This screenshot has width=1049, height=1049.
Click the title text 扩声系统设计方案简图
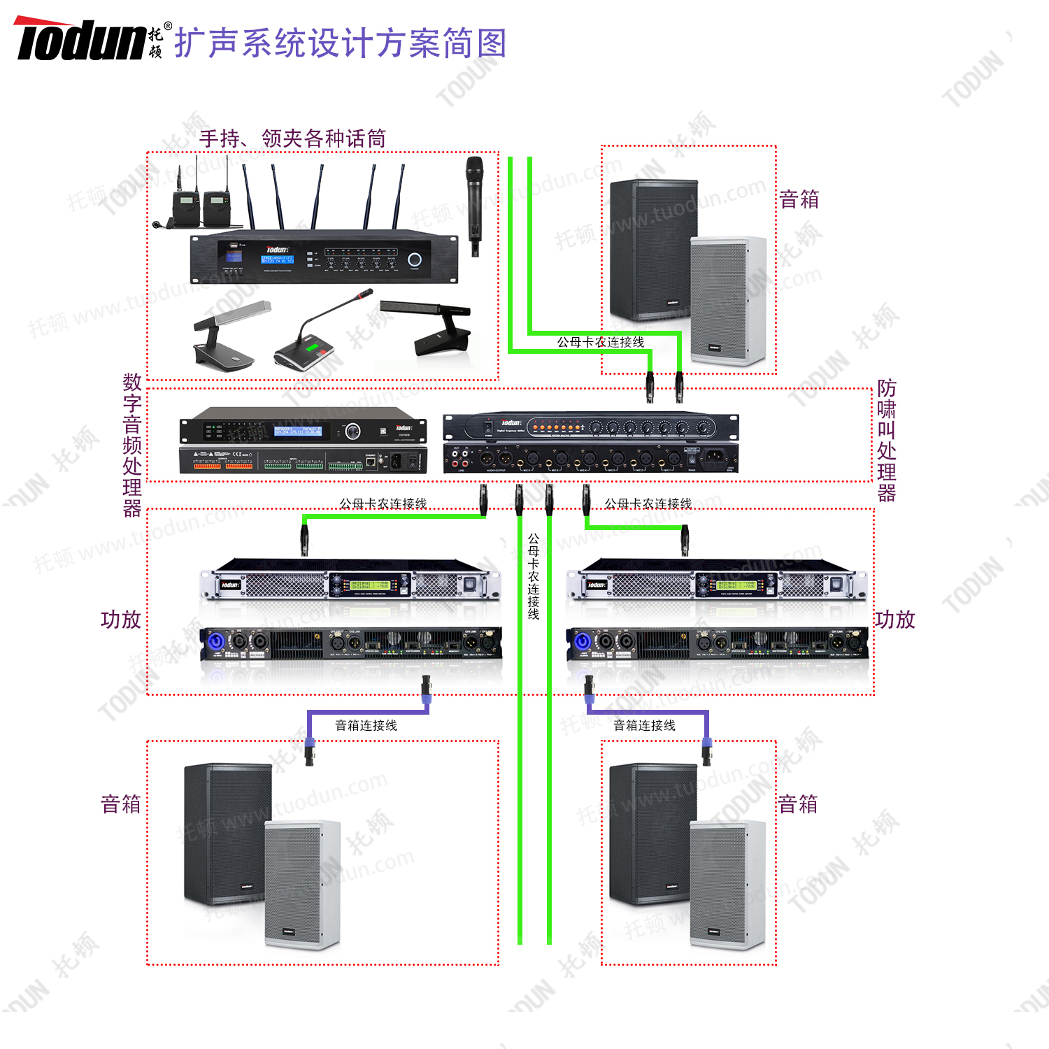click(340, 43)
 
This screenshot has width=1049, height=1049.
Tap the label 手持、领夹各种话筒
click(292, 138)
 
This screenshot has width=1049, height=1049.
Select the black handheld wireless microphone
click(474, 203)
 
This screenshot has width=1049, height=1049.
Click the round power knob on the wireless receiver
click(415, 259)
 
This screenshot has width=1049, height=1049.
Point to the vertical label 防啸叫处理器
click(886, 441)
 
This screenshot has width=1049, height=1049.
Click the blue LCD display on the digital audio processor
click(297, 431)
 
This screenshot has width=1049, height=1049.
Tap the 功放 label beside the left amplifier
click(121, 620)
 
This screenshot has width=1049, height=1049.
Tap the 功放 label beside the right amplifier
click(894, 620)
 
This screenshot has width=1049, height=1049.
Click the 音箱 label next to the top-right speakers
click(799, 199)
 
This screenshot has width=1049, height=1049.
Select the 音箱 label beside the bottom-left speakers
click(121, 804)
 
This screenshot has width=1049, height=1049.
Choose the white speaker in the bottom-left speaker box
click(302, 885)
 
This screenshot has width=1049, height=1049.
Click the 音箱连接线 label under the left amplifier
click(366, 726)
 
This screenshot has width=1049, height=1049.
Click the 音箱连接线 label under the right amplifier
click(644, 726)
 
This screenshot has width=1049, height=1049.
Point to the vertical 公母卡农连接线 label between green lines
click(534, 577)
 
